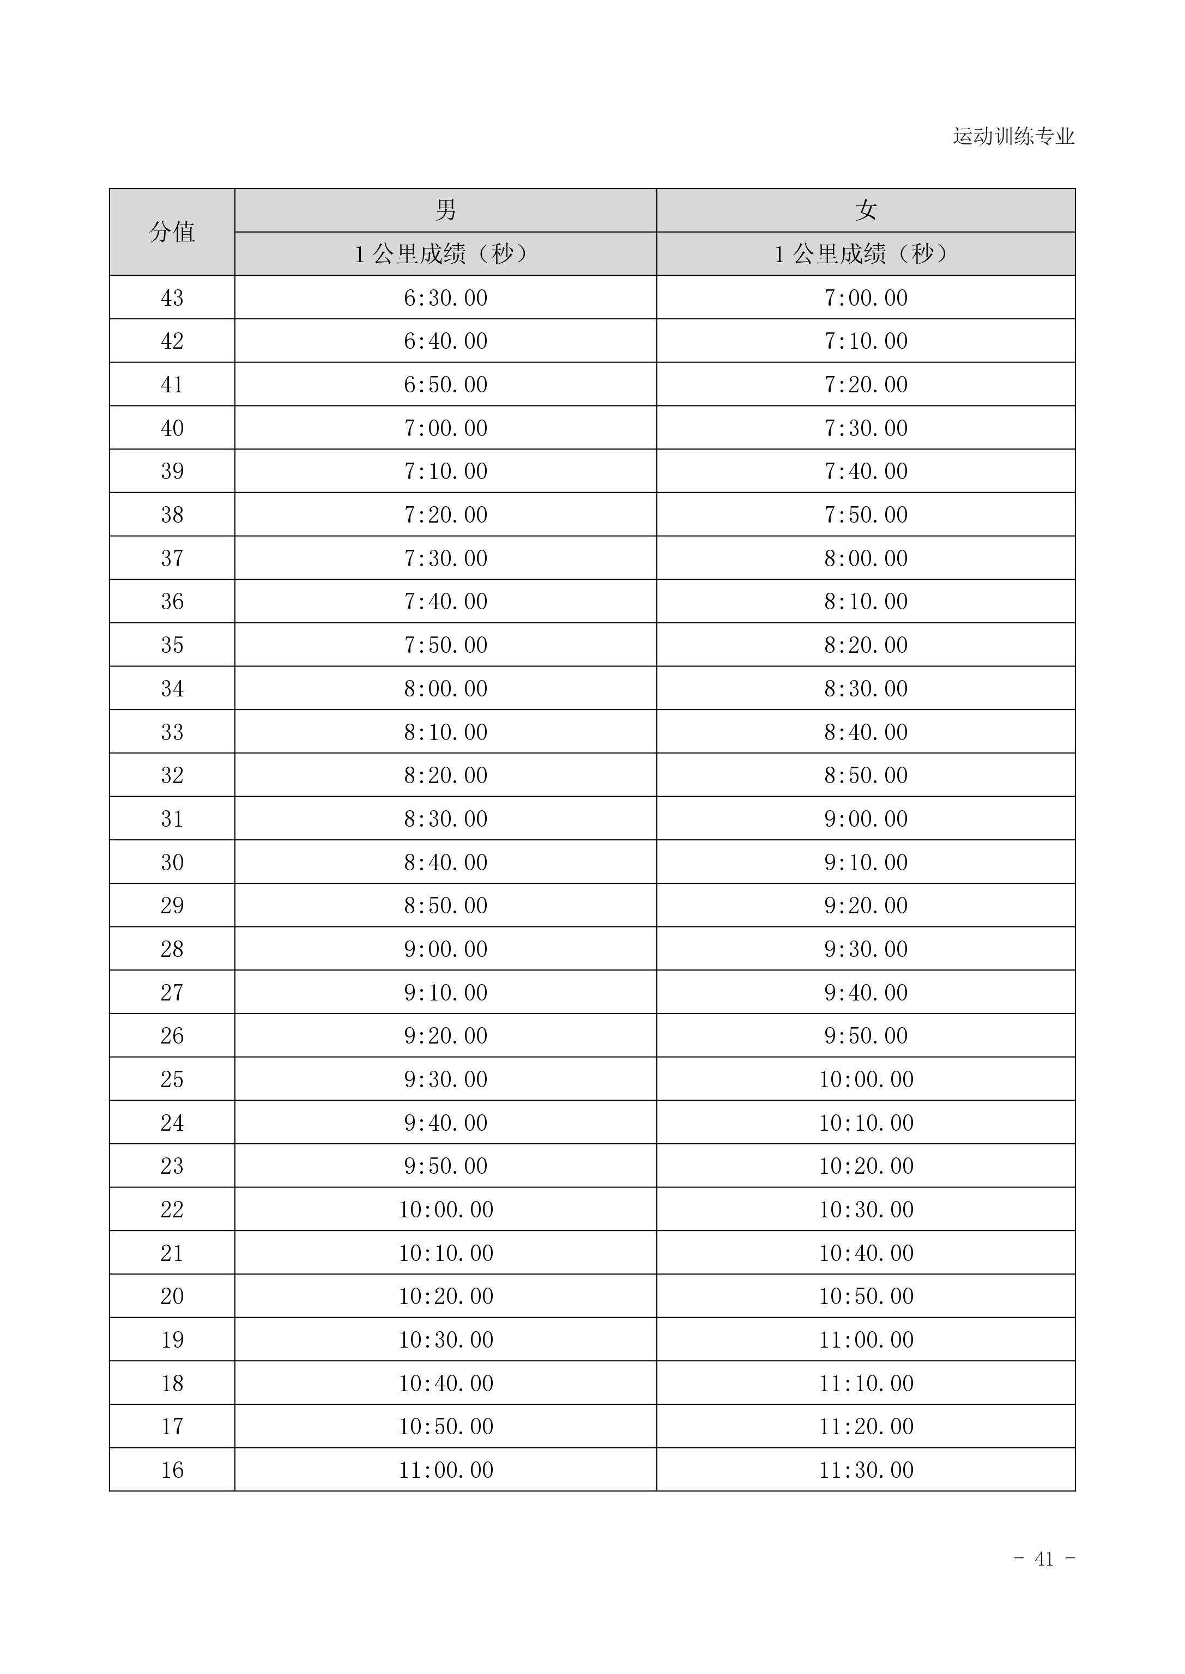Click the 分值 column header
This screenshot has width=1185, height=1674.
tap(172, 232)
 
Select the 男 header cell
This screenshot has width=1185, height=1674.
tap(445, 210)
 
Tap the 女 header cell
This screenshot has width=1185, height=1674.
tap(866, 210)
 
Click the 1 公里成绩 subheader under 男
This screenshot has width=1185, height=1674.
tap(445, 254)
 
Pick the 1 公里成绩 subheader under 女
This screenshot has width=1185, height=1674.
tap(866, 254)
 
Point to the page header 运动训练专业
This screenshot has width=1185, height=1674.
tap(1013, 136)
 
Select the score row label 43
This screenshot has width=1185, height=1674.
tap(172, 298)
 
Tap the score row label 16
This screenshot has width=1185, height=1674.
tap(172, 1470)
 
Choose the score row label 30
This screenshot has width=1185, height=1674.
tap(172, 862)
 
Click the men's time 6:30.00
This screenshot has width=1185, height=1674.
tap(445, 298)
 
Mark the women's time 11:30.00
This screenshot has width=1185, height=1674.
tap(866, 1470)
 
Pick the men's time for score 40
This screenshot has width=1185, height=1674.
tap(445, 428)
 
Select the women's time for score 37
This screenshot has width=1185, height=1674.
tap(866, 558)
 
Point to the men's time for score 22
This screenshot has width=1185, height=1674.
tap(445, 1209)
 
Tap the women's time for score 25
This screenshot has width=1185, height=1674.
tap(866, 1079)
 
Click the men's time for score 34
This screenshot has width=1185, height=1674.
tap(445, 689)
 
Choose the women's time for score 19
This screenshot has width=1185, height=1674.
tap(866, 1340)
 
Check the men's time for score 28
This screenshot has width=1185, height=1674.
tap(445, 949)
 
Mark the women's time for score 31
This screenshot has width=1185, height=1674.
tap(866, 818)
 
